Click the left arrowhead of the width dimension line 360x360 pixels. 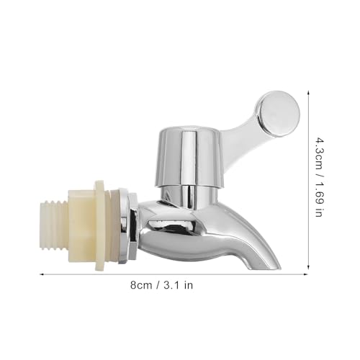pos(40,274)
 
